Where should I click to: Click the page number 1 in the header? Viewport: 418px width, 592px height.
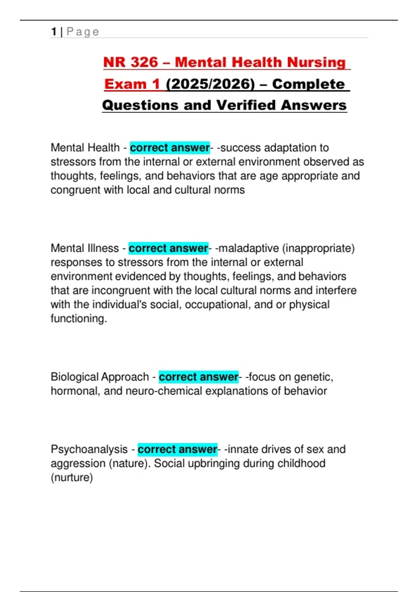click(x=54, y=32)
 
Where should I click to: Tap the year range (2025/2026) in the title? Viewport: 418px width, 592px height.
click(x=210, y=84)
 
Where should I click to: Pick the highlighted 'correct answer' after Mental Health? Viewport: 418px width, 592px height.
click(x=170, y=148)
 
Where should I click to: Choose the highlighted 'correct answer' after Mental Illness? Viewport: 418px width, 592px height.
click(x=168, y=248)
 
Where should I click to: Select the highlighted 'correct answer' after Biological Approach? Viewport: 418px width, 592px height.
click(x=199, y=377)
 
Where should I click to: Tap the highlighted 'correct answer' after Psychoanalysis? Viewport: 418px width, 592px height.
click(x=177, y=449)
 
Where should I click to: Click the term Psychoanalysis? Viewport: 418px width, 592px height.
click(x=89, y=449)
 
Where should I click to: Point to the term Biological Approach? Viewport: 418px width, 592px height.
click(x=100, y=377)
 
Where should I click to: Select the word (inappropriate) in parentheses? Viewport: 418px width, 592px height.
click(x=318, y=248)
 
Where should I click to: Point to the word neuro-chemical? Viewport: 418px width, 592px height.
click(x=164, y=391)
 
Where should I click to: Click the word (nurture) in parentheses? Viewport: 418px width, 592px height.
click(x=72, y=477)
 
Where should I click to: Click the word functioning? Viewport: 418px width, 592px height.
click(x=78, y=319)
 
